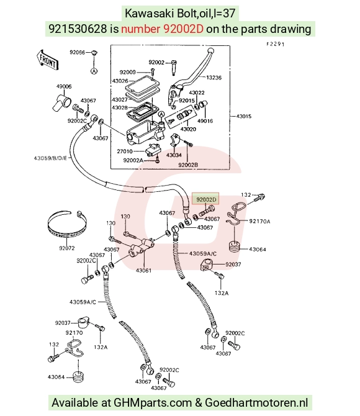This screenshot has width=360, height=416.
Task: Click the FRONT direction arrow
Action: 48,60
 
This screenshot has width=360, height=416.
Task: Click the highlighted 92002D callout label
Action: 206,199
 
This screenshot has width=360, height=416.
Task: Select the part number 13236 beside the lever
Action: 214,78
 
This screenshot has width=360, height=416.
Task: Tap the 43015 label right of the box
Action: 243,116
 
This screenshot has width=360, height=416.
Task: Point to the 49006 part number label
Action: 64,86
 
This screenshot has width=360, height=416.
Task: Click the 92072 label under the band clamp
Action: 67,248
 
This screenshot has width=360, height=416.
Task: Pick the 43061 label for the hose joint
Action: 143,270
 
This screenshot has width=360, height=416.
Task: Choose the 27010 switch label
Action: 125,151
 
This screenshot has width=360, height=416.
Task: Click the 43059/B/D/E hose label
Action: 50,158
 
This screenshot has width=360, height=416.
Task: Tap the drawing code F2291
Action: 276,44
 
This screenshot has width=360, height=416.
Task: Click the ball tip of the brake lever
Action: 210,50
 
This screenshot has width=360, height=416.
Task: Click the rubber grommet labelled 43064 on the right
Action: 234,246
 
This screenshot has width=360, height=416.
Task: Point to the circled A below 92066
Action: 94,71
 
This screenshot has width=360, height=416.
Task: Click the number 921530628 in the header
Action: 78,29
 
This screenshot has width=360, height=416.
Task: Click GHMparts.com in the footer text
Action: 153,402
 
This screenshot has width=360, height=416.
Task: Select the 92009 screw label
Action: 127,72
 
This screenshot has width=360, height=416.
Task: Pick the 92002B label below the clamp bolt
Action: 188,165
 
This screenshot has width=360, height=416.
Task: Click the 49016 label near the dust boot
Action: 205,121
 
